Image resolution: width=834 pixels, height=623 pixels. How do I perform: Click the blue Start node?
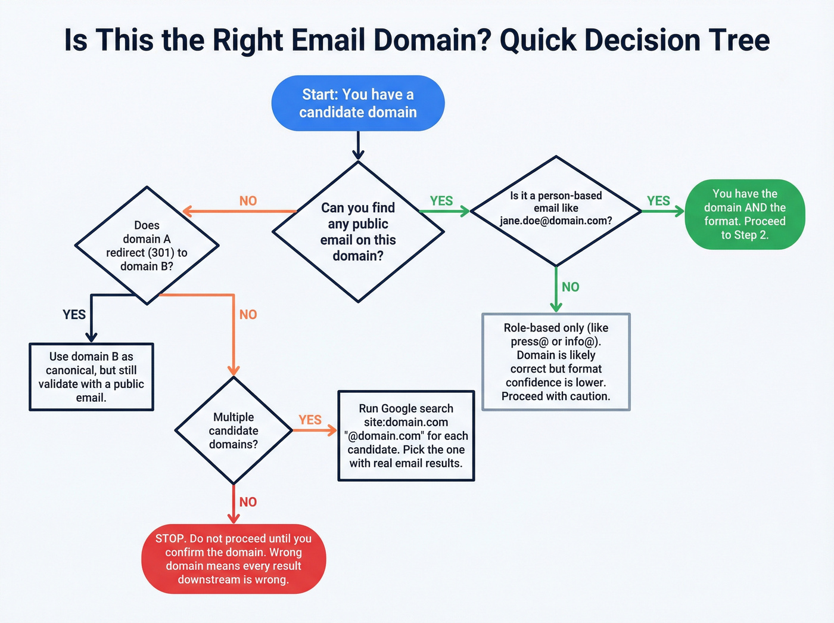point(357,103)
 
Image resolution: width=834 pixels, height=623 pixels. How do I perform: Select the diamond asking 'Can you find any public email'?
point(357,231)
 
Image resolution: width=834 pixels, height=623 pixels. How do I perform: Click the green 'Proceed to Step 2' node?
point(745,214)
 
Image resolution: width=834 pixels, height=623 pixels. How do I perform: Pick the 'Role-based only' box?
point(556,362)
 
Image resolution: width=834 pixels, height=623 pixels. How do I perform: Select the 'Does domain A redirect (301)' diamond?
point(147,246)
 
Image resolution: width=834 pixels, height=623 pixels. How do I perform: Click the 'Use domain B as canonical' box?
point(91,377)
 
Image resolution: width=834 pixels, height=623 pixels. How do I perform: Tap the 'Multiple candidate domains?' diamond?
point(234,430)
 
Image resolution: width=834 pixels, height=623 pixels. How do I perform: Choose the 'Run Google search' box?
point(406,436)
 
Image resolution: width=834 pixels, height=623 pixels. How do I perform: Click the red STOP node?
point(234,559)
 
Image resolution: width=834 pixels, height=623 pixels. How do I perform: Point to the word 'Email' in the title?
point(328,41)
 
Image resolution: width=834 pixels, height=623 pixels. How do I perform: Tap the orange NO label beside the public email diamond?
point(248,201)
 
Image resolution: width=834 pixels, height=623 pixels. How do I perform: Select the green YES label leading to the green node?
point(658,201)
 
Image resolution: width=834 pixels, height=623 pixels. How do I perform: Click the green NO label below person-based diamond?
point(570,287)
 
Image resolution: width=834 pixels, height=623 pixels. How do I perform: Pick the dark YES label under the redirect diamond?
point(74,314)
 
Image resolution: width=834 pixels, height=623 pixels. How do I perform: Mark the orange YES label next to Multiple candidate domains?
point(310,420)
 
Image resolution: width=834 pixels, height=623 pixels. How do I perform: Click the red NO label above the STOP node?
point(248,502)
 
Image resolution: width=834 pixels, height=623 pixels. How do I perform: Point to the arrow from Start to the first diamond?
point(357,145)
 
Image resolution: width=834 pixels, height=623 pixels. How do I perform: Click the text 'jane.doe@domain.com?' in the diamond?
point(556,221)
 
